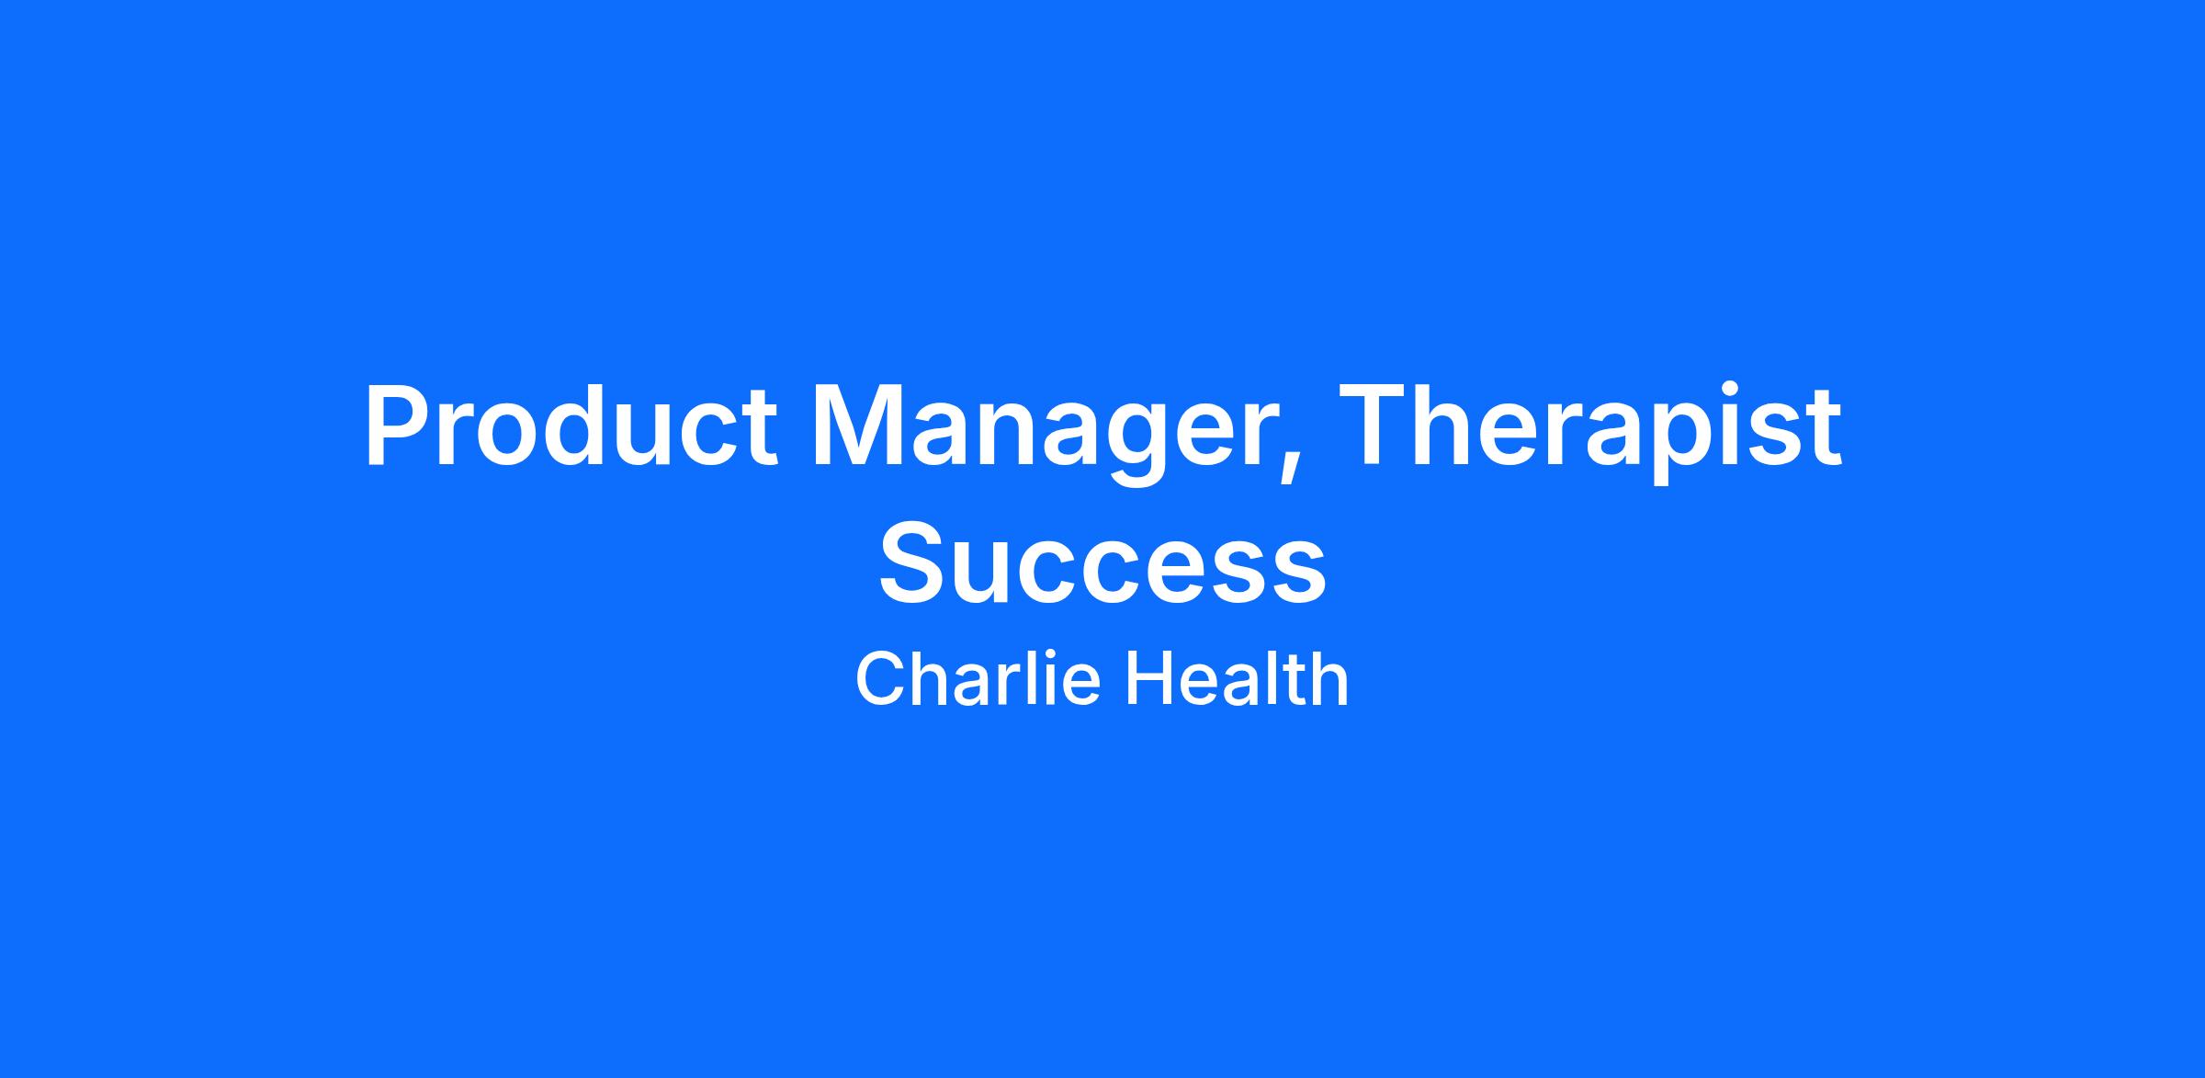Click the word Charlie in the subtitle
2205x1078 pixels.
coord(978,678)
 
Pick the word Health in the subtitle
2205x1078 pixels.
coord(1237,678)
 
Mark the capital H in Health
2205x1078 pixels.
coord(1149,678)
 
